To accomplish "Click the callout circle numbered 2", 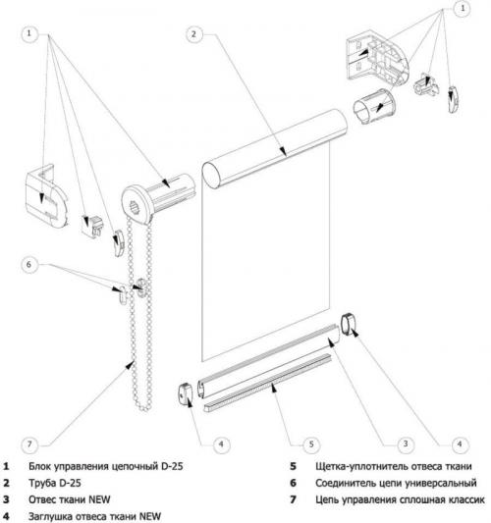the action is pyautogui.click(x=193, y=33).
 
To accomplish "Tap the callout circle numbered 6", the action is pyautogui.click(x=29, y=265).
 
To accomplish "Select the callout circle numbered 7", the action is pyautogui.click(x=29, y=445).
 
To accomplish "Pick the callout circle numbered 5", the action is pyautogui.click(x=311, y=445).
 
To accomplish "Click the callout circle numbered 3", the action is pyautogui.click(x=406, y=444).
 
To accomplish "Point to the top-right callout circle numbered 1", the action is pyautogui.click(x=463, y=8).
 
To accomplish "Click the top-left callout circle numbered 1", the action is pyautogui.click(x=29, y=33).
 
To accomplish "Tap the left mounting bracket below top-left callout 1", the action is pyautogui.click(x=47, y=197).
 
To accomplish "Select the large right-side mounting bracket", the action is pyautogui.click(x=377, y=59).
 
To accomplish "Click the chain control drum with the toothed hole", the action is pyautogui.click(x=157, y=199).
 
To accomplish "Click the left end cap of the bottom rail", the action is pyautogui.click(x=186, y=394).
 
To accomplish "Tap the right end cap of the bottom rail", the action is pyautogui.click(x=349, y=323).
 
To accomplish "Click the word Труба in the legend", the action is pyautogui.click(x=42, y=483).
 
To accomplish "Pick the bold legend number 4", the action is pyautogui.click(x=6, y=516).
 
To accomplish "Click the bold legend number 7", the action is pyautogui.click(x=293, y=499).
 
